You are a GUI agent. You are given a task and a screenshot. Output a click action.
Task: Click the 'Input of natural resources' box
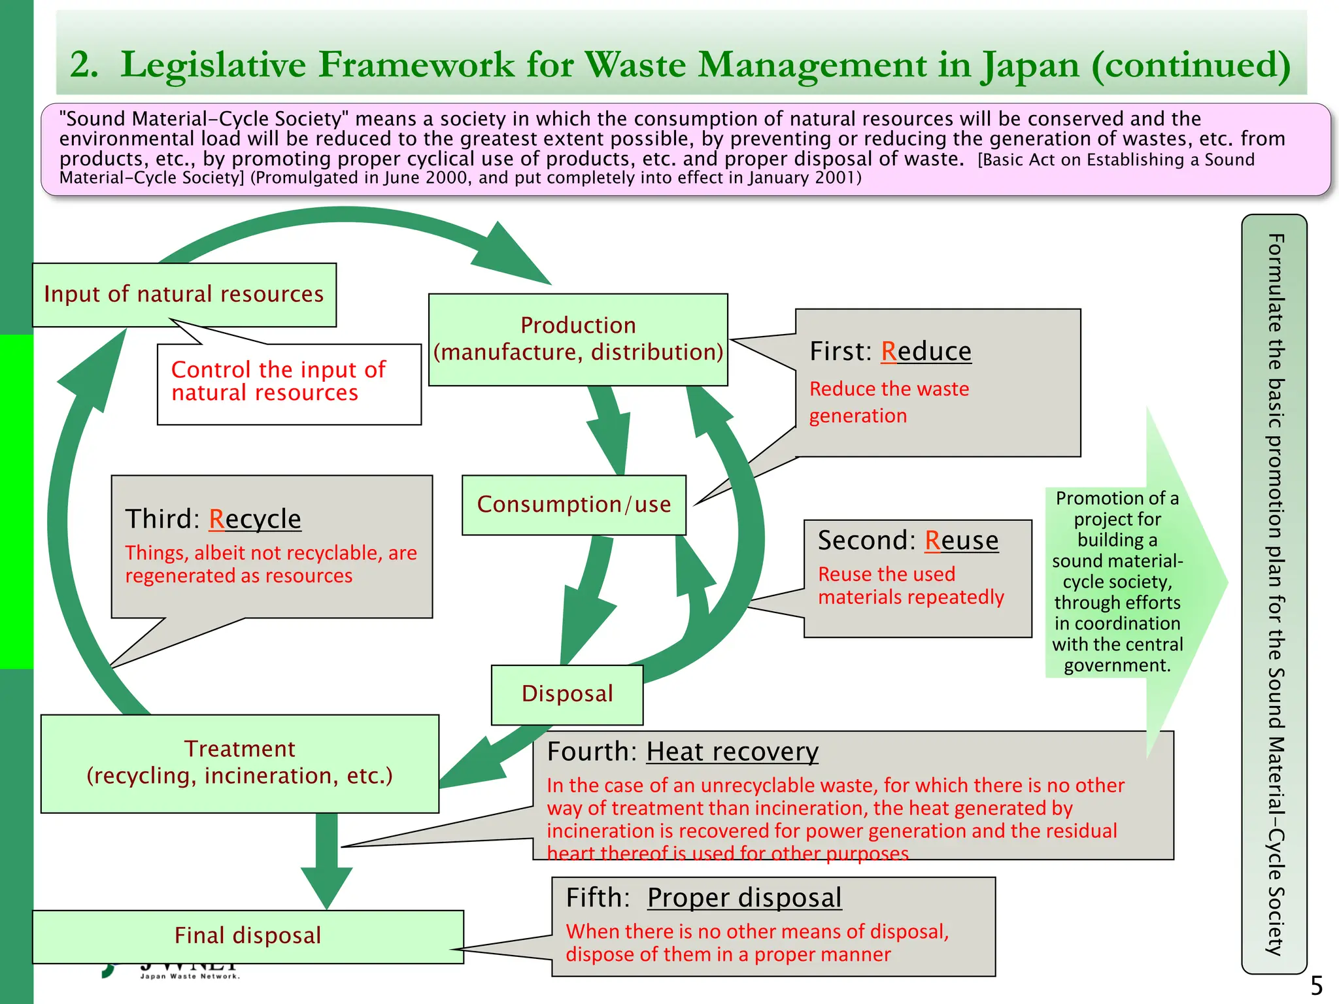tap(184, 295)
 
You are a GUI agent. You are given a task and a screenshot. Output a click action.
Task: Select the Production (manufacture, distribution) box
tap(578, 339)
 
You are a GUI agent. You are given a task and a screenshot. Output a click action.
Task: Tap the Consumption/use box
tap(573, 505)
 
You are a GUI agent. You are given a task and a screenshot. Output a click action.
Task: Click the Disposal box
tap(567, 694)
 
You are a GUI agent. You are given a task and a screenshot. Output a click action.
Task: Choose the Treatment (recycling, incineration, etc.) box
tap(239, 763)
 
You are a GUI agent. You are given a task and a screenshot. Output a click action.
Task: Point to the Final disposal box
tap(248, 936)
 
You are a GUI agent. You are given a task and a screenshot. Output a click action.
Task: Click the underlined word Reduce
tap(926, 352)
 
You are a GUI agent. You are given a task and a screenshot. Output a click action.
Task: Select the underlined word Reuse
tap(961, 541)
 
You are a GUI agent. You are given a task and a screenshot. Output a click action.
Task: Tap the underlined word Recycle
tap(255, 519)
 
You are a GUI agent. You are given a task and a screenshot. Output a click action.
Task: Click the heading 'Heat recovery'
tap(732, 752)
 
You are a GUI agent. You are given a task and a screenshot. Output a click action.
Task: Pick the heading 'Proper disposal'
tap(744, 898)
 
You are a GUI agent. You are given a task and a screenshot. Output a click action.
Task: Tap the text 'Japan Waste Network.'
tap(190, 977)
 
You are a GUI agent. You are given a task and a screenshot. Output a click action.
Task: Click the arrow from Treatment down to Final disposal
tap(326, 860)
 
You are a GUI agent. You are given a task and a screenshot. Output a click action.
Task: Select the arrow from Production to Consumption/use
tap(609, 428)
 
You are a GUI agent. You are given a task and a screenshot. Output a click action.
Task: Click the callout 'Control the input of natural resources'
tap(278, 382)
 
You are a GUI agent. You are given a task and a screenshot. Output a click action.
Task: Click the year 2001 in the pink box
tap(834, 178)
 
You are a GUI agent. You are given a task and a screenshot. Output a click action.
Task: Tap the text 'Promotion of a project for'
tap(1117, 509)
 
